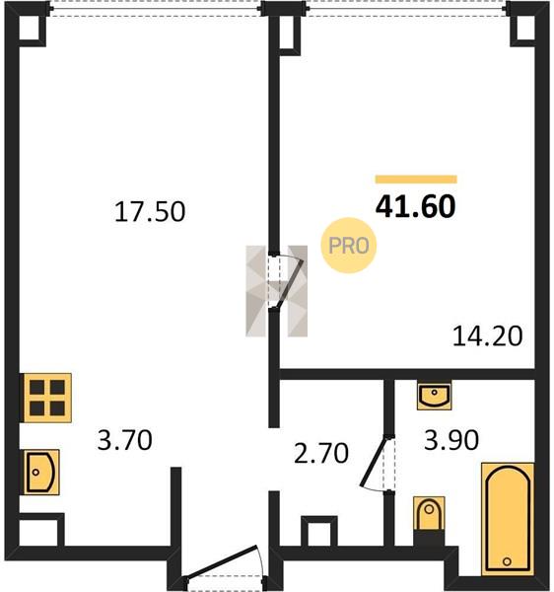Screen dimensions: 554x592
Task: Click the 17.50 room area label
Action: [150, 212]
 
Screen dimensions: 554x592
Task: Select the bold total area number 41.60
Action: [416, 207]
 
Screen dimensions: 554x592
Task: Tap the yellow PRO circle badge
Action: [348, 246]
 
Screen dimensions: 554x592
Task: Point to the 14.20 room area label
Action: [487, 336]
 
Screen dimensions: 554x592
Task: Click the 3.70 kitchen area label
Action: [124, 440]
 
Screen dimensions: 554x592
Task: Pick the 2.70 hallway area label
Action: [321, 454]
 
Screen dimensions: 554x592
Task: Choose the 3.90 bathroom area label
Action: [451, 440]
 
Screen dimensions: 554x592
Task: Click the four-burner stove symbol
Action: [47, 398]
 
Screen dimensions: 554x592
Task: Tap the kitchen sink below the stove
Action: [41, 472]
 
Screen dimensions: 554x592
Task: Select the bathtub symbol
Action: [508, 519]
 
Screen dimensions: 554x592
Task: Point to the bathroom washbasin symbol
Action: [434, 396]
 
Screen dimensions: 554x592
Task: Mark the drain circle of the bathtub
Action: [508, 561]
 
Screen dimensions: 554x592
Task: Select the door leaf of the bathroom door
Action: [375, 462]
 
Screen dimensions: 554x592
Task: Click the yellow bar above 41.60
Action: [416, 180]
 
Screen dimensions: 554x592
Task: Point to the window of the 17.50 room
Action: [156, 9]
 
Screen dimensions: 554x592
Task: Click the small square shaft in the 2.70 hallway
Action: [319, 532]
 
